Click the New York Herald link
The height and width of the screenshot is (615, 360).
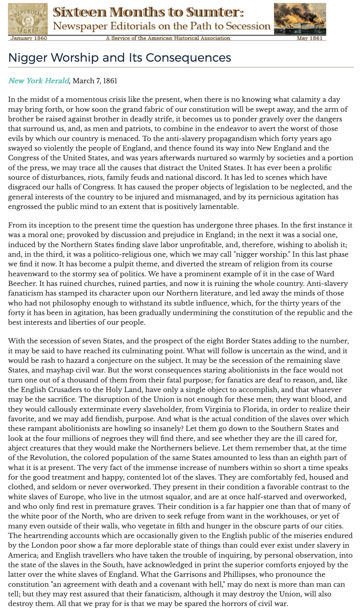point(38,81)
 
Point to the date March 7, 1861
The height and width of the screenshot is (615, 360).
point(95,81)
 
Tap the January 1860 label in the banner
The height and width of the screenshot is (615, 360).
point(29,38)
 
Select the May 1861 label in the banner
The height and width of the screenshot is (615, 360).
point(310,38)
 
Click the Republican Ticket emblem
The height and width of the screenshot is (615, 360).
point(28,19)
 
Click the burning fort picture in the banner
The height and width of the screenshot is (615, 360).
point(300,19)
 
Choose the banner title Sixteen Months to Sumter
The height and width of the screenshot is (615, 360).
point(149,12)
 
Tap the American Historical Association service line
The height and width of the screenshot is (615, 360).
point(168,38)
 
